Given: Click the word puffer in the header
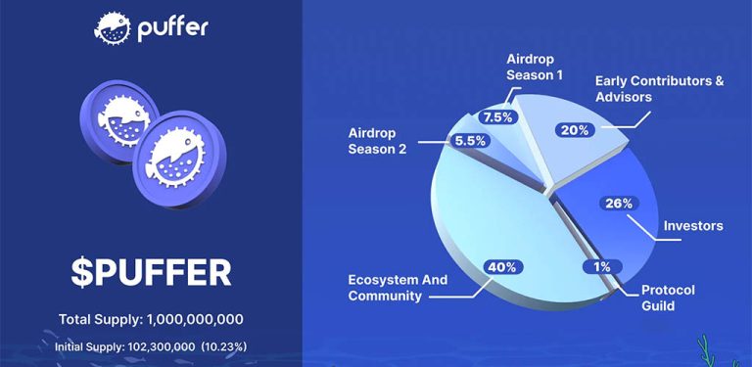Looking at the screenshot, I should [x=174, y=28].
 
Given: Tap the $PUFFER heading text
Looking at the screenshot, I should [x=151, y=272].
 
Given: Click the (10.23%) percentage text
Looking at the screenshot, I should [x=225, y=345].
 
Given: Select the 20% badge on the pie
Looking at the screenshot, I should [x=574, y=129].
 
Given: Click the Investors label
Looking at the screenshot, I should [x=692, y=226].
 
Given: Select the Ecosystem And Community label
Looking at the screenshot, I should [x=398, y=288].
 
